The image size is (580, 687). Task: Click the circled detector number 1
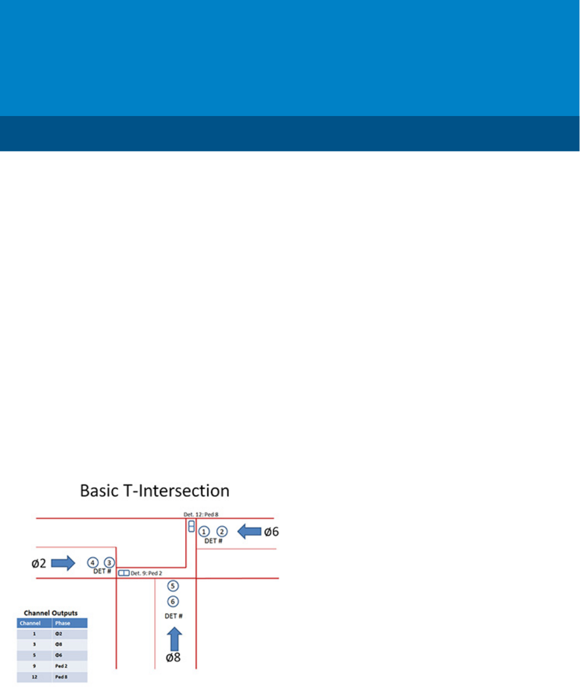coord(204,532)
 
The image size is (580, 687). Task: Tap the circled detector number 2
coord(222,532)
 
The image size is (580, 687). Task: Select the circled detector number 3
coord(109,563)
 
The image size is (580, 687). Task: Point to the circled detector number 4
coord(93,563)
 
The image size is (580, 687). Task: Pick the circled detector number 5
coord(173,586)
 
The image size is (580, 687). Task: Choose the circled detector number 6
coord(173,602)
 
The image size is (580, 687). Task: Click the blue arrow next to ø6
coord(249,532)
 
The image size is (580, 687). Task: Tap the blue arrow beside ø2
coord(63,563)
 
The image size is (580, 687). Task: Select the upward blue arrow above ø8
coord(174,639)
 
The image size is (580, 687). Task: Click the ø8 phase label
coord(173,657)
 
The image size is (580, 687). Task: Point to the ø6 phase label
coord(271,532)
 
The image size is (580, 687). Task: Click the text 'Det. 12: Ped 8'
coord(201,515)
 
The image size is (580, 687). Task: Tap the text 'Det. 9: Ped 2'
coord(146,573)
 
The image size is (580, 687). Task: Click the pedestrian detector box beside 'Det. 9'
coord(124,573)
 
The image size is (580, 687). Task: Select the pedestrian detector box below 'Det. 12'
coord(192,526)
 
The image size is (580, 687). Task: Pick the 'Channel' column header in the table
coord(30,623)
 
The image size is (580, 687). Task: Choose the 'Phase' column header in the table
coord(63,623)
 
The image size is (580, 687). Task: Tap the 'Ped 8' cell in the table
coord(61,677)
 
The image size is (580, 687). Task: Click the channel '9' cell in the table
coord(34,666)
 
